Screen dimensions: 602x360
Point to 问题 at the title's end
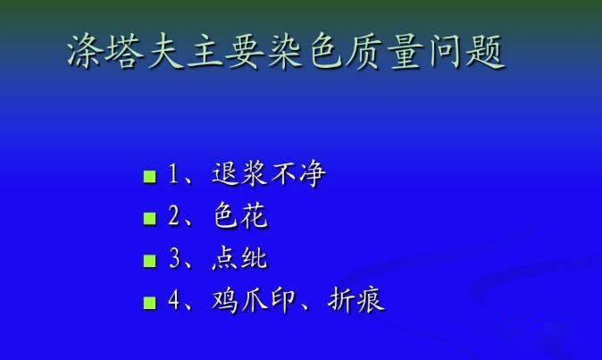465,52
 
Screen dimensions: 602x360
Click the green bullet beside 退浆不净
150,177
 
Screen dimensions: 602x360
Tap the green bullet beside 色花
150,218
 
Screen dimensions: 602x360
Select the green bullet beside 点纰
150,261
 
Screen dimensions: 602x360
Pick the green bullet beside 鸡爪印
150,303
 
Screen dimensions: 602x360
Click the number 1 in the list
174,174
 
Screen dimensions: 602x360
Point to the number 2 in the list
174,216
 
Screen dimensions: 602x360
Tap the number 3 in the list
174,258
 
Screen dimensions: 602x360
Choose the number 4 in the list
174,300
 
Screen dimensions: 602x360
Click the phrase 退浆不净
269,174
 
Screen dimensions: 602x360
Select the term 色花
240,215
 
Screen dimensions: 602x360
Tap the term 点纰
239,257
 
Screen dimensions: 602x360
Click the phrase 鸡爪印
254,300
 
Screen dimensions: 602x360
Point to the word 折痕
355,300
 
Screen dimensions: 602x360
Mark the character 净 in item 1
313,174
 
